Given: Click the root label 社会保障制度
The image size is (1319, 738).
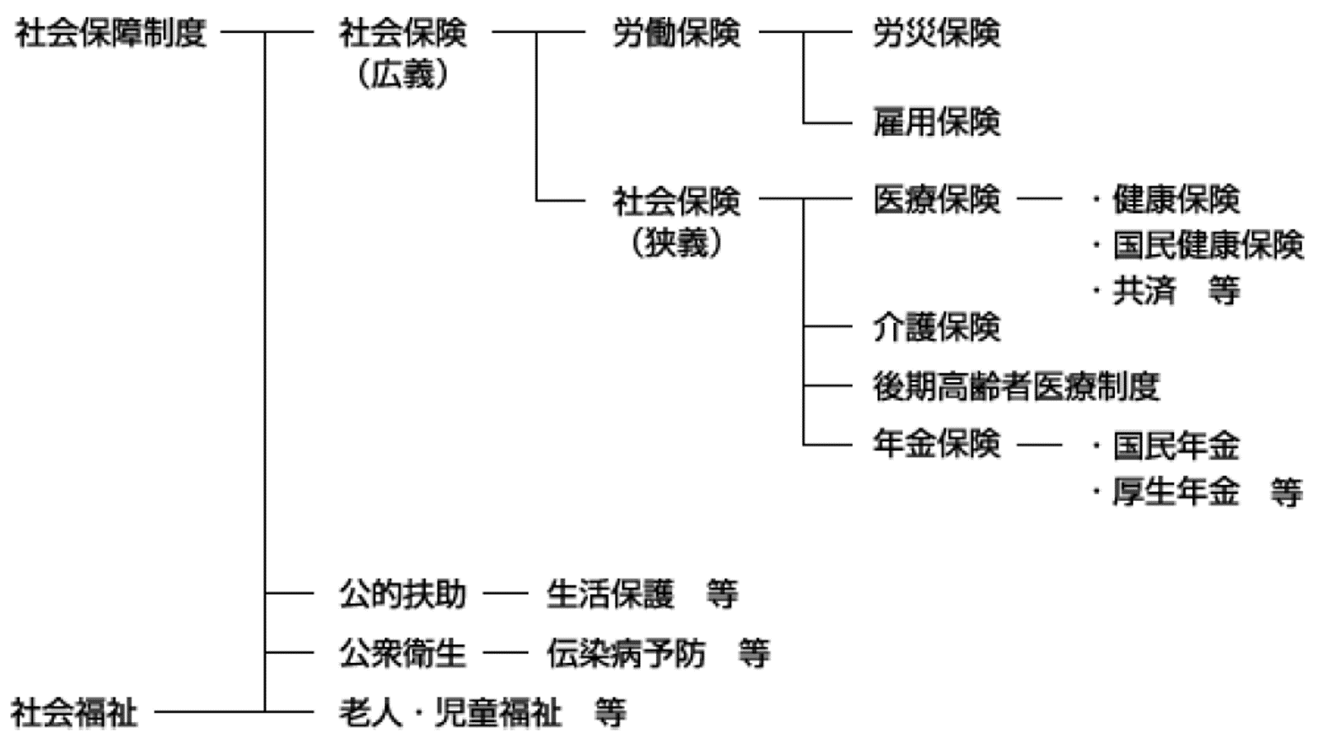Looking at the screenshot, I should coord(110,34).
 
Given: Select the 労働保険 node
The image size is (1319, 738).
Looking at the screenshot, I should coord(676,34).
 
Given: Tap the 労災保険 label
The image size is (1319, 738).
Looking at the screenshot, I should coord(936,34).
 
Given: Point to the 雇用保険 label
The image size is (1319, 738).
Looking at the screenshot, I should coord(936,122).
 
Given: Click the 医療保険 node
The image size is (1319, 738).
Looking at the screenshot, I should coord(936,200).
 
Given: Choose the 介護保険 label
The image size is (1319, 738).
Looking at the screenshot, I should coord(936,326).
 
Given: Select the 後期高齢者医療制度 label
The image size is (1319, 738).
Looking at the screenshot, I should coord(1016,386).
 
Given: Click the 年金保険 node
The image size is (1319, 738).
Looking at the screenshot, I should coord(936,444).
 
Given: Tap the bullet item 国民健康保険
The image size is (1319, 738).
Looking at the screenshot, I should coord(1208,245).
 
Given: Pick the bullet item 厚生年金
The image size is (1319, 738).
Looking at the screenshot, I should coord(1176,491).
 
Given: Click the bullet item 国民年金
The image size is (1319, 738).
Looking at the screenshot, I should coord(1176,445).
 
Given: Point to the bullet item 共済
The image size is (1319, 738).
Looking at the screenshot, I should coord(1144,291).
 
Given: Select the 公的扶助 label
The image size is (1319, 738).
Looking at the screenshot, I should coord(402,594).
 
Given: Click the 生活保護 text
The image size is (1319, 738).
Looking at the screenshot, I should coord(610,594).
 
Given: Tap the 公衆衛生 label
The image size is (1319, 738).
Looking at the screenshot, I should coord(402,653).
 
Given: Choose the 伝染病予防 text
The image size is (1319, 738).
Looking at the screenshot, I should coord(626,653).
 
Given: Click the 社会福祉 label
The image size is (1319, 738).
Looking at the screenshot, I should coord(74,713).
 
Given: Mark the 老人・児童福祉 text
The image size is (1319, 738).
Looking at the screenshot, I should coord(450,713).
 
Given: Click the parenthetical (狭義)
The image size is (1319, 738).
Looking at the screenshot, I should coord(676,243).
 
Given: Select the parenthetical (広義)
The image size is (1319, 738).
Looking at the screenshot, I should coord(402,74).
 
